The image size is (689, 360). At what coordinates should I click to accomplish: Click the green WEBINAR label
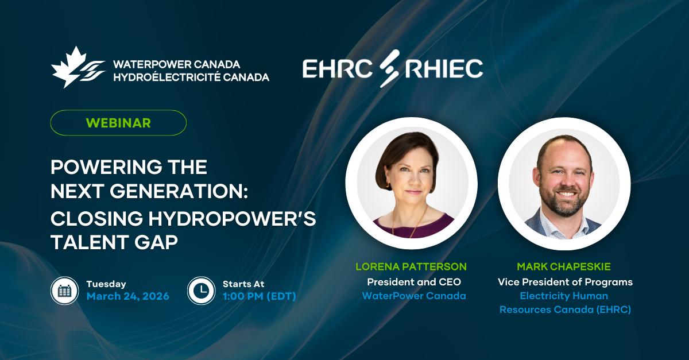click(118, 123)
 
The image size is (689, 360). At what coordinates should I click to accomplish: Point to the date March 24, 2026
click(128, 296)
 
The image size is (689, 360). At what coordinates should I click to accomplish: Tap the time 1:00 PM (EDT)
click(259, 296)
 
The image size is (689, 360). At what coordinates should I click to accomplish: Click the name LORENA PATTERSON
click(411, 266)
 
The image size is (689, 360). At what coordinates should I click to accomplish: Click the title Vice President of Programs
click(565, 282)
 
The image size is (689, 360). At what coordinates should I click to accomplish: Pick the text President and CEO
click(414, 282)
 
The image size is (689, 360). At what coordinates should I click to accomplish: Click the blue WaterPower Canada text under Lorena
click(414, 296)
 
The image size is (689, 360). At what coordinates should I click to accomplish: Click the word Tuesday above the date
click(106, 284)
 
